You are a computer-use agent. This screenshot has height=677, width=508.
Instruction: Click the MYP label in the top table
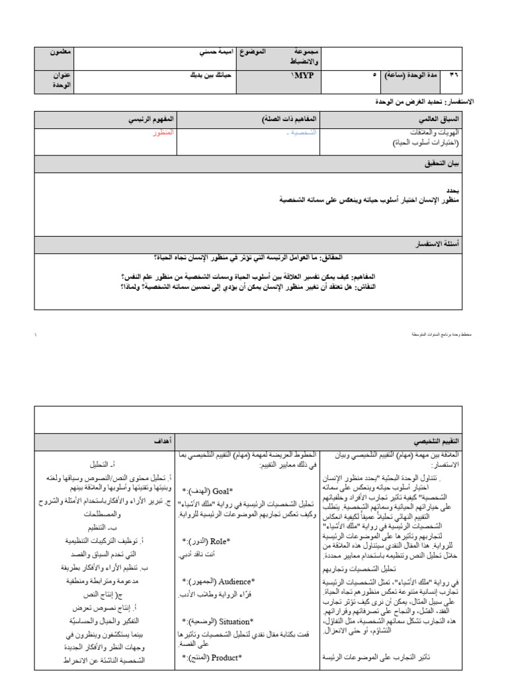point(303,76)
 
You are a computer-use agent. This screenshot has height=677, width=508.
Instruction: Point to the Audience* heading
point(219,581)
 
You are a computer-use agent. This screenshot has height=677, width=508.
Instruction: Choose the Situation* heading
point(218,621)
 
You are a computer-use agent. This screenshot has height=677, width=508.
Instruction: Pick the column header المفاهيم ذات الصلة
point(290,119)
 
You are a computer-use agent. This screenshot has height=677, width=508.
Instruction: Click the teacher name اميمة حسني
point(197,52)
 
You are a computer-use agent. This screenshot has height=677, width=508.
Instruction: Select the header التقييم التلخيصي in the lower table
point(444,440)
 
